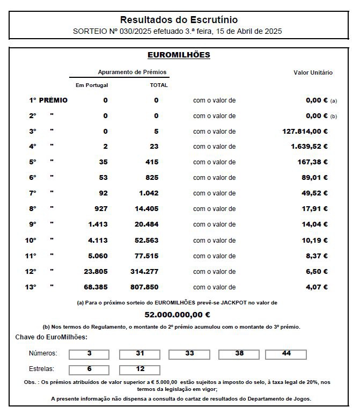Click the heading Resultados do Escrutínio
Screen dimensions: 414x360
point(179,20)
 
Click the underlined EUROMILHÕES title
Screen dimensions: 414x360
point(179,55)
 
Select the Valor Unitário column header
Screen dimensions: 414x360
point(313,72)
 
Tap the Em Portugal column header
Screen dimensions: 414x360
point(88,85)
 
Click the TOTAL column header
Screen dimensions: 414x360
point(159,85)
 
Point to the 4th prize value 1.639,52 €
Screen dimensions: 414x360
point(309,147)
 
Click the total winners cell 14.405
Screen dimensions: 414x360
point(146,209)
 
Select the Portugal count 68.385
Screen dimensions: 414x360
point(96,287)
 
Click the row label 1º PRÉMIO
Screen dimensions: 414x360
point(48,100)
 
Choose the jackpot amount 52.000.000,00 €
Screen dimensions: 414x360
point(177,315)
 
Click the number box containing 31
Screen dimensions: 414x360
point(139,354)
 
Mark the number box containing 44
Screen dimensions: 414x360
point(286,354)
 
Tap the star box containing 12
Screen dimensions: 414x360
point(139,369)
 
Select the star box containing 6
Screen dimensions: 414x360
point(89,369)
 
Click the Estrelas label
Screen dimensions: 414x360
point(42,369)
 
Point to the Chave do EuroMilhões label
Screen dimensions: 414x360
point(52,337)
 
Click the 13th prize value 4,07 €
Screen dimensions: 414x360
point(317,287)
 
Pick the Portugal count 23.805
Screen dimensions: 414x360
point(96,272)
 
